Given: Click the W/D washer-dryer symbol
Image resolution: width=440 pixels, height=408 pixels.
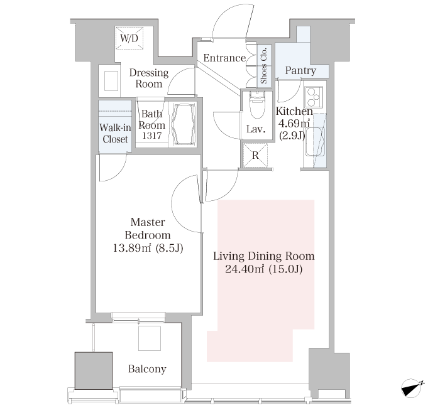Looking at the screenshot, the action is point(129,38).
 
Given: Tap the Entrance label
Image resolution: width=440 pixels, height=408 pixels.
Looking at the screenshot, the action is point(224,58).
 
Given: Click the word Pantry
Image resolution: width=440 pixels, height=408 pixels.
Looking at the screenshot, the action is point(300,70).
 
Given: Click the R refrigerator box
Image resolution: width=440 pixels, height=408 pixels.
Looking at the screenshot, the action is point(255,156).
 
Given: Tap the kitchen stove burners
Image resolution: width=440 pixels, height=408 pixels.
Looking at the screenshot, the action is point(314,97).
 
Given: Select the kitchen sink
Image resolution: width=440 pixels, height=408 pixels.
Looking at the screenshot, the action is point(315,141).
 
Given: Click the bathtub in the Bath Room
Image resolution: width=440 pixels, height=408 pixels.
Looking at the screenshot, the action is point(184,124).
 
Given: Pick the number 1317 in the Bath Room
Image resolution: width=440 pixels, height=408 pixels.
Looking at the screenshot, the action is point(152,136).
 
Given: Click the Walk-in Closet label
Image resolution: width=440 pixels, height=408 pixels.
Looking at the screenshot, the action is point(115,133).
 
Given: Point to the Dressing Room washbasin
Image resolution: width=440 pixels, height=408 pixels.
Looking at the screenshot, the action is point(111,81).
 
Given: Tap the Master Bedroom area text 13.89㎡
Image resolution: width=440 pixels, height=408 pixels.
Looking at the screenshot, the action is point(132,248).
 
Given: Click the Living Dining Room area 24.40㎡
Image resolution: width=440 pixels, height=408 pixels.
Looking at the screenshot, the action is point(245,269).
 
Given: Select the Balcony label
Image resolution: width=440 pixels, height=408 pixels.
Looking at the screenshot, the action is point(147,369).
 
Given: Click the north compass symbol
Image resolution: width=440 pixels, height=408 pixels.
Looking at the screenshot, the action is point(413,388).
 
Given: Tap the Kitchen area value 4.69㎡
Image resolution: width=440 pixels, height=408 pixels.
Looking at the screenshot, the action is point(294,123).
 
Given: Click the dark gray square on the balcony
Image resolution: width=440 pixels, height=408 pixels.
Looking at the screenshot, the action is point(94,370).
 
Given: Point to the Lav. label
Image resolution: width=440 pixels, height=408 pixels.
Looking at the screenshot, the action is point(256,129).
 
